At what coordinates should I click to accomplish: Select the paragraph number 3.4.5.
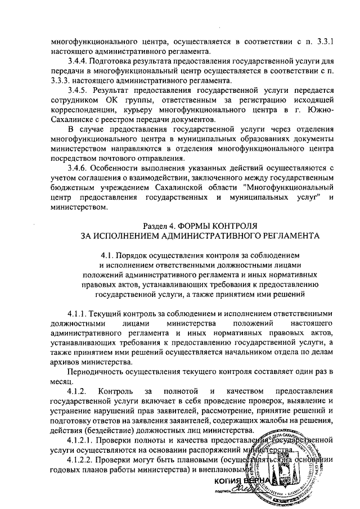(x=77, y=89)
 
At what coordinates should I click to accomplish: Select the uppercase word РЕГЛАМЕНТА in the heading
(x=273, y=236)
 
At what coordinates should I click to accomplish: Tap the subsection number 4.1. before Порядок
(x=106, y=256)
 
